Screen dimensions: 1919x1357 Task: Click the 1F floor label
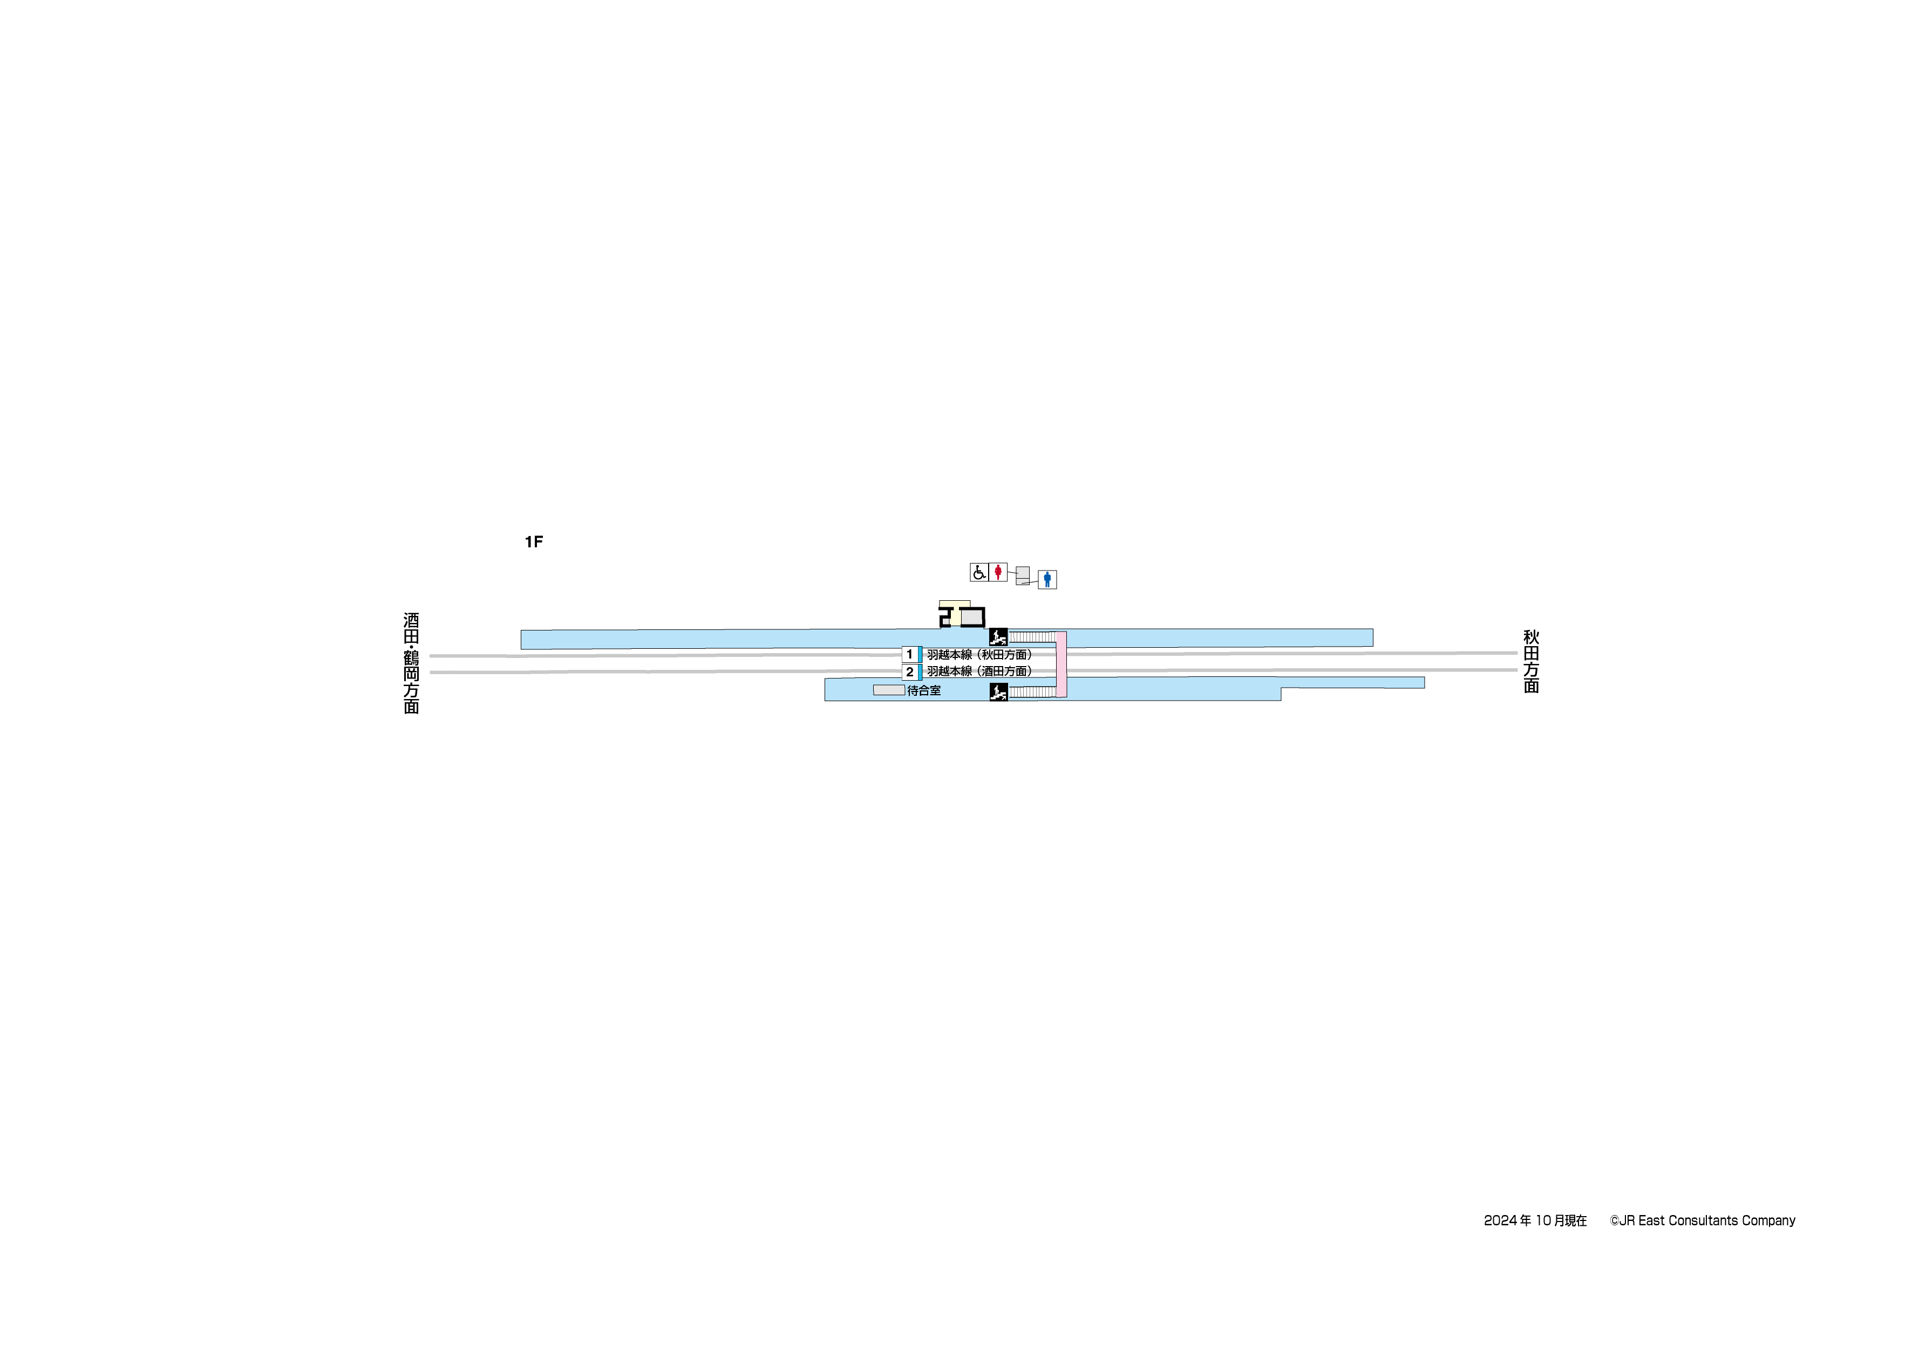click(533, 542)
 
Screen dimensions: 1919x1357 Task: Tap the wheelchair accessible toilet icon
click(979, 572)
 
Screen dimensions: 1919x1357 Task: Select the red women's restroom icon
click(998, 572)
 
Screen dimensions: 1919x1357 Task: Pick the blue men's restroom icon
click(1047, 579)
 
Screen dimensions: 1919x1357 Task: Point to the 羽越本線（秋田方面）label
click(979, 655)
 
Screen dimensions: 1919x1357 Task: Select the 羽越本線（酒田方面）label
click(979, 671)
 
